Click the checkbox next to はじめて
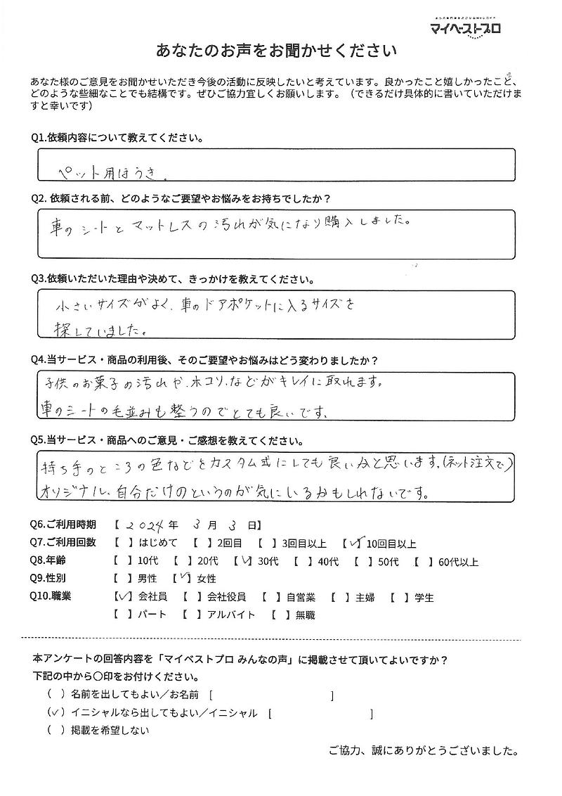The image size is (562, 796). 119,544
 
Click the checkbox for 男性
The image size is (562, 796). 119,580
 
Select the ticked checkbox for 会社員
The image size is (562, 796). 119,598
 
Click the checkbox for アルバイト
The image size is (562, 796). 188,615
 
